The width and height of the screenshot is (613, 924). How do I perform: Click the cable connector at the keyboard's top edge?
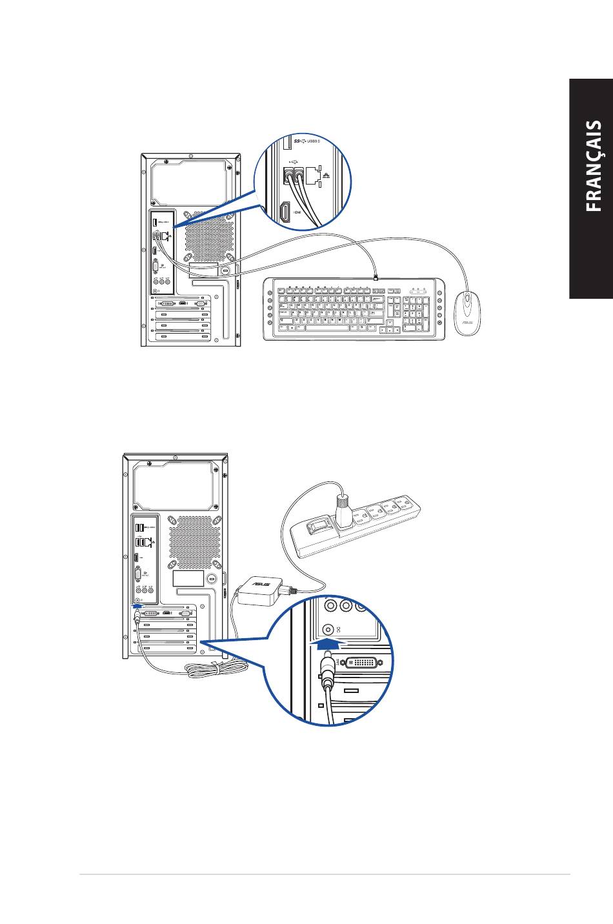375,277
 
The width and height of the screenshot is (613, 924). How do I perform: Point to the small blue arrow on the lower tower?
136,605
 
